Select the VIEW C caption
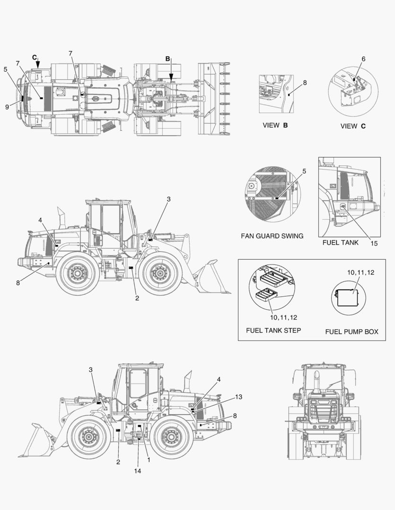(353, 126)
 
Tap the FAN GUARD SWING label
(272, 236)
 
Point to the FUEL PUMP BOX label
(351, 331)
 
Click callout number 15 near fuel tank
(374, 244)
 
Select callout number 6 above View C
(363, 59)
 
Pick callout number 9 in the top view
(7, 107)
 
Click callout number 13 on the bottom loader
(238, 397)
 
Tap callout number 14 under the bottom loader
(138, 470)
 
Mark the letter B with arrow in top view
(168, 59)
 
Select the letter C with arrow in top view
(35, 57)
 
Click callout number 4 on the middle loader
(41, 220)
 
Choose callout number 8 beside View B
(305, 82)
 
